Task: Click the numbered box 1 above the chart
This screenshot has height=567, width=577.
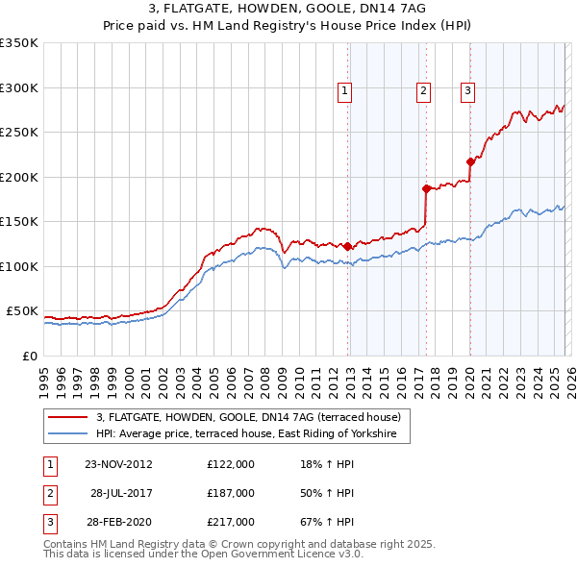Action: [344, 91]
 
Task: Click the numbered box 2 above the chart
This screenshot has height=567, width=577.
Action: [423, 91]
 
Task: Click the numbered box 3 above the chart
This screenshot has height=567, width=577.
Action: [467, 91]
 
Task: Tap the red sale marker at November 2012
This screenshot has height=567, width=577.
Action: [347, 247]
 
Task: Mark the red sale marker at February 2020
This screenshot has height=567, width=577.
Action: [470, 161]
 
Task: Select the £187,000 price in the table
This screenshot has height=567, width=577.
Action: [231, 493]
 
